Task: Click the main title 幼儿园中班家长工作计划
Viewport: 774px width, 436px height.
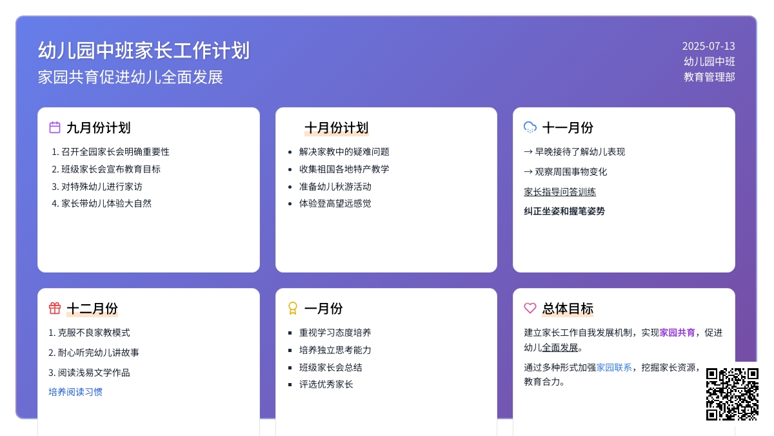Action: [144, 50]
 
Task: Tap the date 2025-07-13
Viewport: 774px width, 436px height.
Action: [708, 46]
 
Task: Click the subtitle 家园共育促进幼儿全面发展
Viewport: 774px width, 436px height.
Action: [130, 77]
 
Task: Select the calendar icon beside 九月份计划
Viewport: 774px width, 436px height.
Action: [55, 127]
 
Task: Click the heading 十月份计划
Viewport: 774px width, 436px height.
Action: [336, 128]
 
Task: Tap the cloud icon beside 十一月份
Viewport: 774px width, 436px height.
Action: [530, 127]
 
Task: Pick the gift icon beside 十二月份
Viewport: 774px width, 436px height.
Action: [55, 308]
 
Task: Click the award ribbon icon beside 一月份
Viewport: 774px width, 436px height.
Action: [292, 308]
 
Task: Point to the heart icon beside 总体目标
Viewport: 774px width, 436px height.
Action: [530, 308]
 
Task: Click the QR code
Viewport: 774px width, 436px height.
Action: [732, 394]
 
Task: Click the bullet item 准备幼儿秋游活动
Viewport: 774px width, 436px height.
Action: [335, 187]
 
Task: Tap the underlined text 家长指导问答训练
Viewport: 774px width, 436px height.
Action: [560, 192]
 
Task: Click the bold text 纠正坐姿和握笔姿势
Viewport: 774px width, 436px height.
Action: [564, 211]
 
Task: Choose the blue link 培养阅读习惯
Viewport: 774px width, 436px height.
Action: [75, 391]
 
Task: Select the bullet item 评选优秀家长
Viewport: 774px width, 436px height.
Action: [326, 384]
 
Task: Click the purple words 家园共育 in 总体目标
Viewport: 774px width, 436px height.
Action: [677, 333]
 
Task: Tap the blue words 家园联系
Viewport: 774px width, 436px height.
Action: [613, 367]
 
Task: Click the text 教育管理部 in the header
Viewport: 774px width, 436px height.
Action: [709, 77]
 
